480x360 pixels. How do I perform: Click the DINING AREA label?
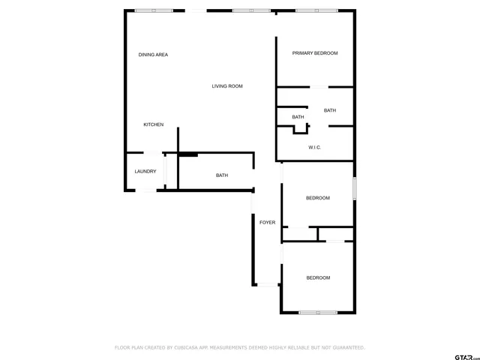click(153, 55)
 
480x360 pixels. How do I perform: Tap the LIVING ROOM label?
click(226, 86)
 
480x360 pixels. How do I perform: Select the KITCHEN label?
click(154, 124)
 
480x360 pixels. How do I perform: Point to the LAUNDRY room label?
click(145, 172)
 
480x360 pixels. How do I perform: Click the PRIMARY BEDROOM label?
click(315, 53)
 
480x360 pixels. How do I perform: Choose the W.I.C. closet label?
click(315, 148)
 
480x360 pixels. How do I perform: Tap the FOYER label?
click(267, 223)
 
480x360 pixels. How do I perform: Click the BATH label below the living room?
click(222, 175)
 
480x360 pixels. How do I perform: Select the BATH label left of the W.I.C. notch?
click(298, 117)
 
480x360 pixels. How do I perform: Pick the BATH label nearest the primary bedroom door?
click(330, 111)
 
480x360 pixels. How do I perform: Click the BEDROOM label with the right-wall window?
click(318, 198)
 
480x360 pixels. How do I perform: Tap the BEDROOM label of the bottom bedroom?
click(318, 278)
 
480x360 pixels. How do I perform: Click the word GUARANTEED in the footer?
click(346, 348)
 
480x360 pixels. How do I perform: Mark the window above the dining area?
click(154, 10)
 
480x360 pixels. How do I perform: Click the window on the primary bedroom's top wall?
click(316, 10)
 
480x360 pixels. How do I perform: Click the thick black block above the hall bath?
click(188, 155)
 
